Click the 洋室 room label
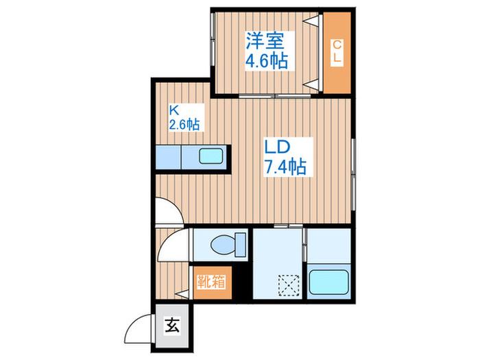click(x=265, y=41)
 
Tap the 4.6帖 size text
click(x=267, y=60)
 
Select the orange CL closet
click(x=337, y=53)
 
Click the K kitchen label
click(x=174, y=110)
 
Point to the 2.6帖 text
click(x=184, y=125)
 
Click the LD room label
click(x=277, y=147)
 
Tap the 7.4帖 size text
click(x=285, y=167)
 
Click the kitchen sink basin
click(x=211, y=156)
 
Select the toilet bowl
click(x=224, y=245)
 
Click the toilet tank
click(x=240, y=245)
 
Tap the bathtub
click(x=328, y=282)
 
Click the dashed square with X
click(x=289, y=286)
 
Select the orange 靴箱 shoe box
click(x=213, y=283)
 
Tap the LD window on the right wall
click(x=353, y=174)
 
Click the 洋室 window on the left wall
click(x=212, y=38)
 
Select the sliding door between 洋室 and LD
click(x=274, y=96)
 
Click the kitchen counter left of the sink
click(x=169, y=157)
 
